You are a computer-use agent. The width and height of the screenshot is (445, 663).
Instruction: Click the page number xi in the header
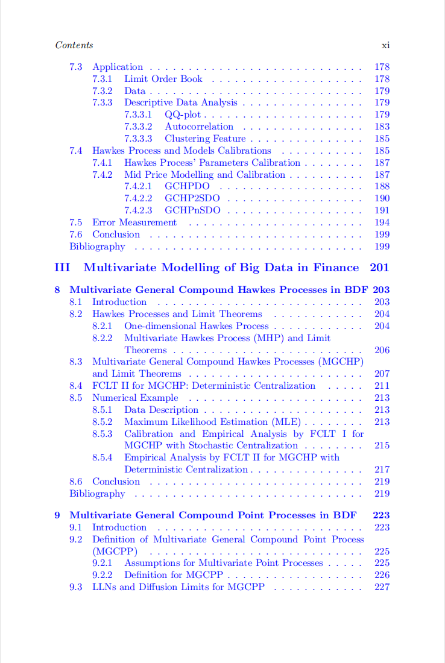pyautogui.click(x=385, y=45)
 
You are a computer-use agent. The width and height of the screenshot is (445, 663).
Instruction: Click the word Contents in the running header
pyautogui.click(x=74, y=45)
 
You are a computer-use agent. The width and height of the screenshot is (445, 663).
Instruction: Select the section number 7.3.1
pyautogui.click(x=102, y=79)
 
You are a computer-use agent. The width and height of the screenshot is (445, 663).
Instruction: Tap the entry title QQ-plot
pyautogui.click(x=183, y=115)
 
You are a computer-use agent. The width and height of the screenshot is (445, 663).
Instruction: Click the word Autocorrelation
pyautogui.click(x=199, y=127)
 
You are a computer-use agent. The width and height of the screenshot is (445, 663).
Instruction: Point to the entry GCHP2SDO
pyautogui.click(x=192, y=198)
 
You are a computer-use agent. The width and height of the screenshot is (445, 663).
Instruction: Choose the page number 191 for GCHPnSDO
pyautogui.click(x=382, y=210)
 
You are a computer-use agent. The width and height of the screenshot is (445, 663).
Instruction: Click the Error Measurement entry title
pyautogui.click(x=134, y=222)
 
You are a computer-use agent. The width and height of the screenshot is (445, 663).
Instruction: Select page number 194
pyautogui.click(x=382, y=222)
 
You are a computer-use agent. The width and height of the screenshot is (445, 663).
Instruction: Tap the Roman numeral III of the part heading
pyautogui.click(x=62, y=268)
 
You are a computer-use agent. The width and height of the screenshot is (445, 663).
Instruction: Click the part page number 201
pyautogui.click(x=379, y=268)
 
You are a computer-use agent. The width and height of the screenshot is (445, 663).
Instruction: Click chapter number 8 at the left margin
pyautogui.click(x=57, y=290)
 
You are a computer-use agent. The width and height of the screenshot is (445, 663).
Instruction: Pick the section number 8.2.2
pyautogui.click(x=102, y=338)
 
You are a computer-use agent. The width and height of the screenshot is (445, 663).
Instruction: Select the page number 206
pyautogui.click(x=382, y=350)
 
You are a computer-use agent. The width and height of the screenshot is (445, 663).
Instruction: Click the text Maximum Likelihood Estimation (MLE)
pyautogui.click(x=212, y=422)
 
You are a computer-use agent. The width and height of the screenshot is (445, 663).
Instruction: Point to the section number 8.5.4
pyautogui.click(x=102, y=457)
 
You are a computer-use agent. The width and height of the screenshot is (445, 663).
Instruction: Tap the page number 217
pyautogui.click(x=382, y=470)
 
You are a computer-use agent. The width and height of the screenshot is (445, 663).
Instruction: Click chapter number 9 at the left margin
pyautogui.click(x=57, y=515)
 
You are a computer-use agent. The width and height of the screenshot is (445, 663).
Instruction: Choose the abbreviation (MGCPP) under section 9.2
pyautogui.click(x=115, y=551)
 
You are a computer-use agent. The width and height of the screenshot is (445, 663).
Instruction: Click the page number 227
pyautogui.click(x=382, y=587)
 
